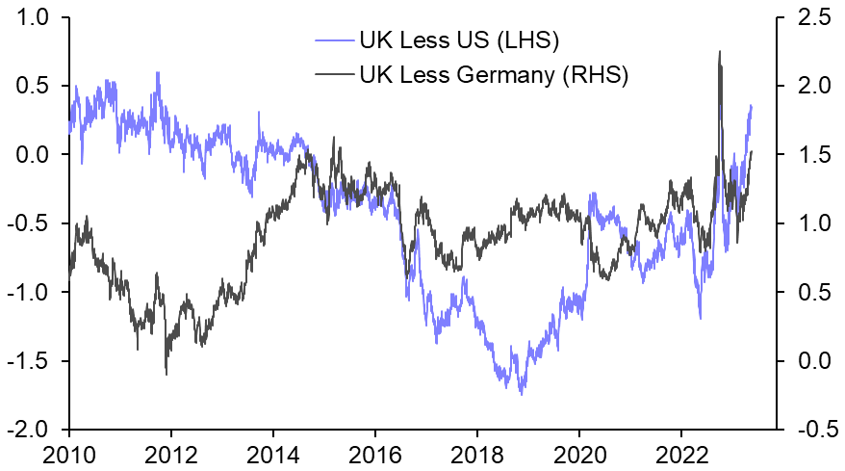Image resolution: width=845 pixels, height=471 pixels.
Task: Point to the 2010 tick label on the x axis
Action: click(x=68, y=454)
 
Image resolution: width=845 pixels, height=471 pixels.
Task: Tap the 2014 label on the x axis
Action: click(x=273, y=454)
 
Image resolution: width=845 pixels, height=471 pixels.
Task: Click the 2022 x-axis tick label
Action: click(x=682, y=454)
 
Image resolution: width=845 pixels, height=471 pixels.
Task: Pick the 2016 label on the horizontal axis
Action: click(x=375, y=454)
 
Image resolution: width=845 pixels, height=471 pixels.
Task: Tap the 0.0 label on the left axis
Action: click(x=37, y=154)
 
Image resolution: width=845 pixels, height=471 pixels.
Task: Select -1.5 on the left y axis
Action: click(x=33, y=361)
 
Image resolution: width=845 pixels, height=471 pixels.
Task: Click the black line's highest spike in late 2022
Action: click(x=720, y=52)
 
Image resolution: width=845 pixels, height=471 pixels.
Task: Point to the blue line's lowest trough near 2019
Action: click(x=522, y=393)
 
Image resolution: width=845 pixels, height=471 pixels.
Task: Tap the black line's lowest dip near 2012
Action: click(x=166, y=374)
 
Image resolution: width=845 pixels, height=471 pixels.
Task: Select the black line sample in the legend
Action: click(x=333, y=74)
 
